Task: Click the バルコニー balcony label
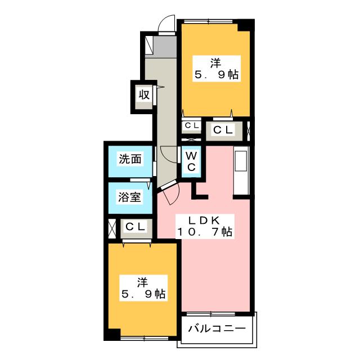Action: tap(217, 328)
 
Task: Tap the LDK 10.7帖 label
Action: tap(205, 226)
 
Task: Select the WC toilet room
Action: tap(191, 161)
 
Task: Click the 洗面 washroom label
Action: tap(130, 159)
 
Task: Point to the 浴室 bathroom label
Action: tap(129, 197)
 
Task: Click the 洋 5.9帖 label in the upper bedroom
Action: tap(216, 69)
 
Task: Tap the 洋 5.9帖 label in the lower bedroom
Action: tap(143, 288)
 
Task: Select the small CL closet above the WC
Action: tap(191, 125)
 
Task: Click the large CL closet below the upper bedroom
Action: tap(224, 131)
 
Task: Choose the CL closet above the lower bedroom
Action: tap(136, 228)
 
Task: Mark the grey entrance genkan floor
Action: tap(164, 47)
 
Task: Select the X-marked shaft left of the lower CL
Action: tap(112, 229)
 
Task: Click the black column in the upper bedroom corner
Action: tap(246, 25)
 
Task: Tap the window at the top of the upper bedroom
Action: tap(208, 21)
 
